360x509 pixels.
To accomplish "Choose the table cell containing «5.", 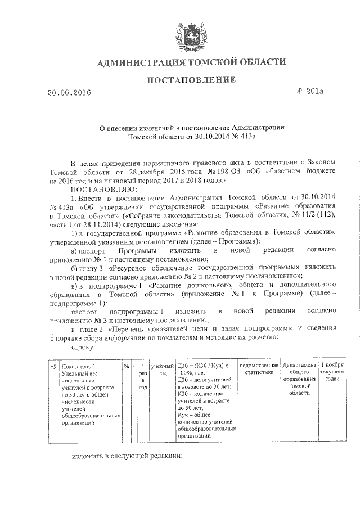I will click(x=53, y=366).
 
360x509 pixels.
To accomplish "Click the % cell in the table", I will click(x=125, y=366).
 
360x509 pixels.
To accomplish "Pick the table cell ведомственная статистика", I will click(x=259, y=370).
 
